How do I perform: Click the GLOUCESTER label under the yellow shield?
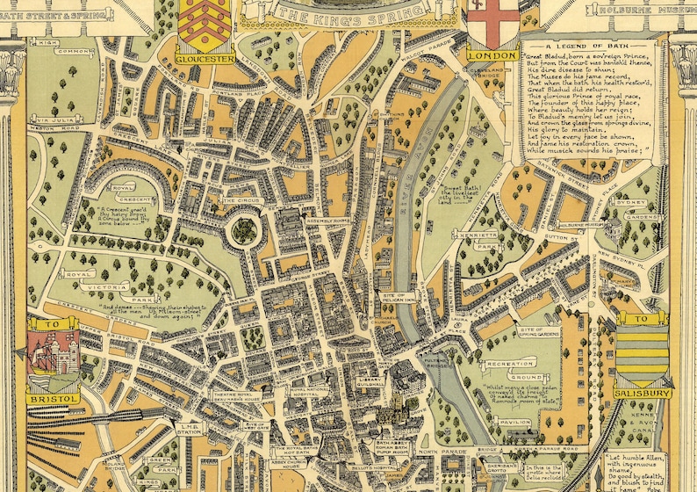click(205, 59)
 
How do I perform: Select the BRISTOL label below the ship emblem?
click(53, 398)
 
